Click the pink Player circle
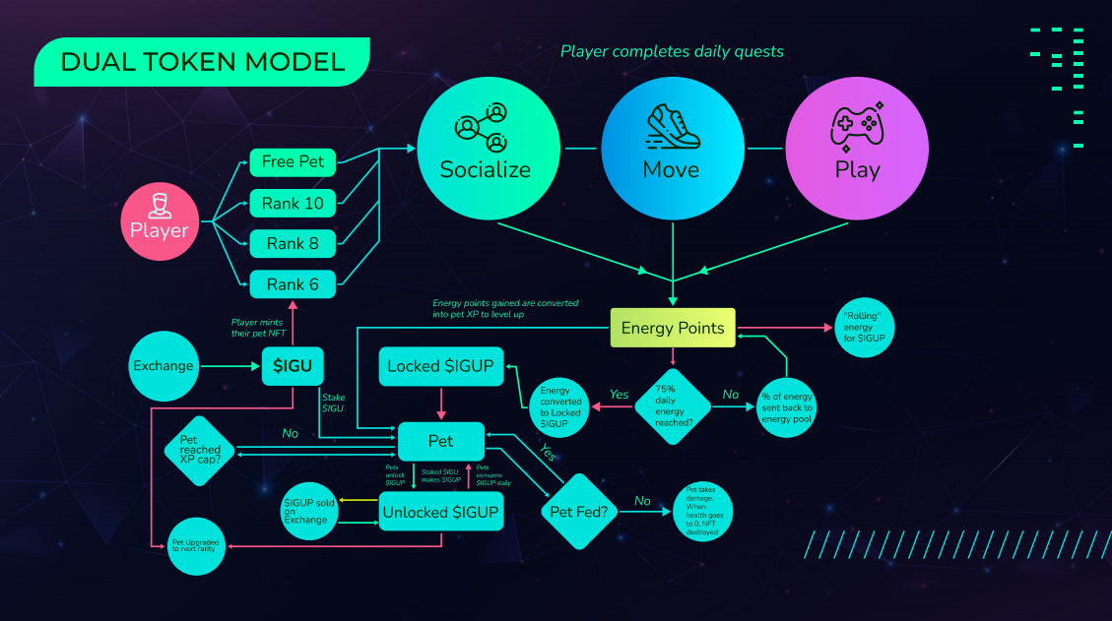coord(159,219)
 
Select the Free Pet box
coord(293,161)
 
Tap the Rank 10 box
coord(293,204)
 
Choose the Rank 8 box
coord(293,243)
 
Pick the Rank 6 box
coord(293,284)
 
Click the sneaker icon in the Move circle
coord(672,126)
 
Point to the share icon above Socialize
coord(484,126)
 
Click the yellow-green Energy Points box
coord(674,328)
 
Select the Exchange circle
coord(164,366)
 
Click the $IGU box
coord(293,366)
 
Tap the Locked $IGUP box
coord(441,366)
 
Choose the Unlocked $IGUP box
coord(440,512)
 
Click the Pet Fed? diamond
coord(579,511)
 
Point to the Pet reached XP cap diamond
coord(200,451)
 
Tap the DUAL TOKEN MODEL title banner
coord(202,63)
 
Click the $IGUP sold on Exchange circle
coord(310,510)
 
